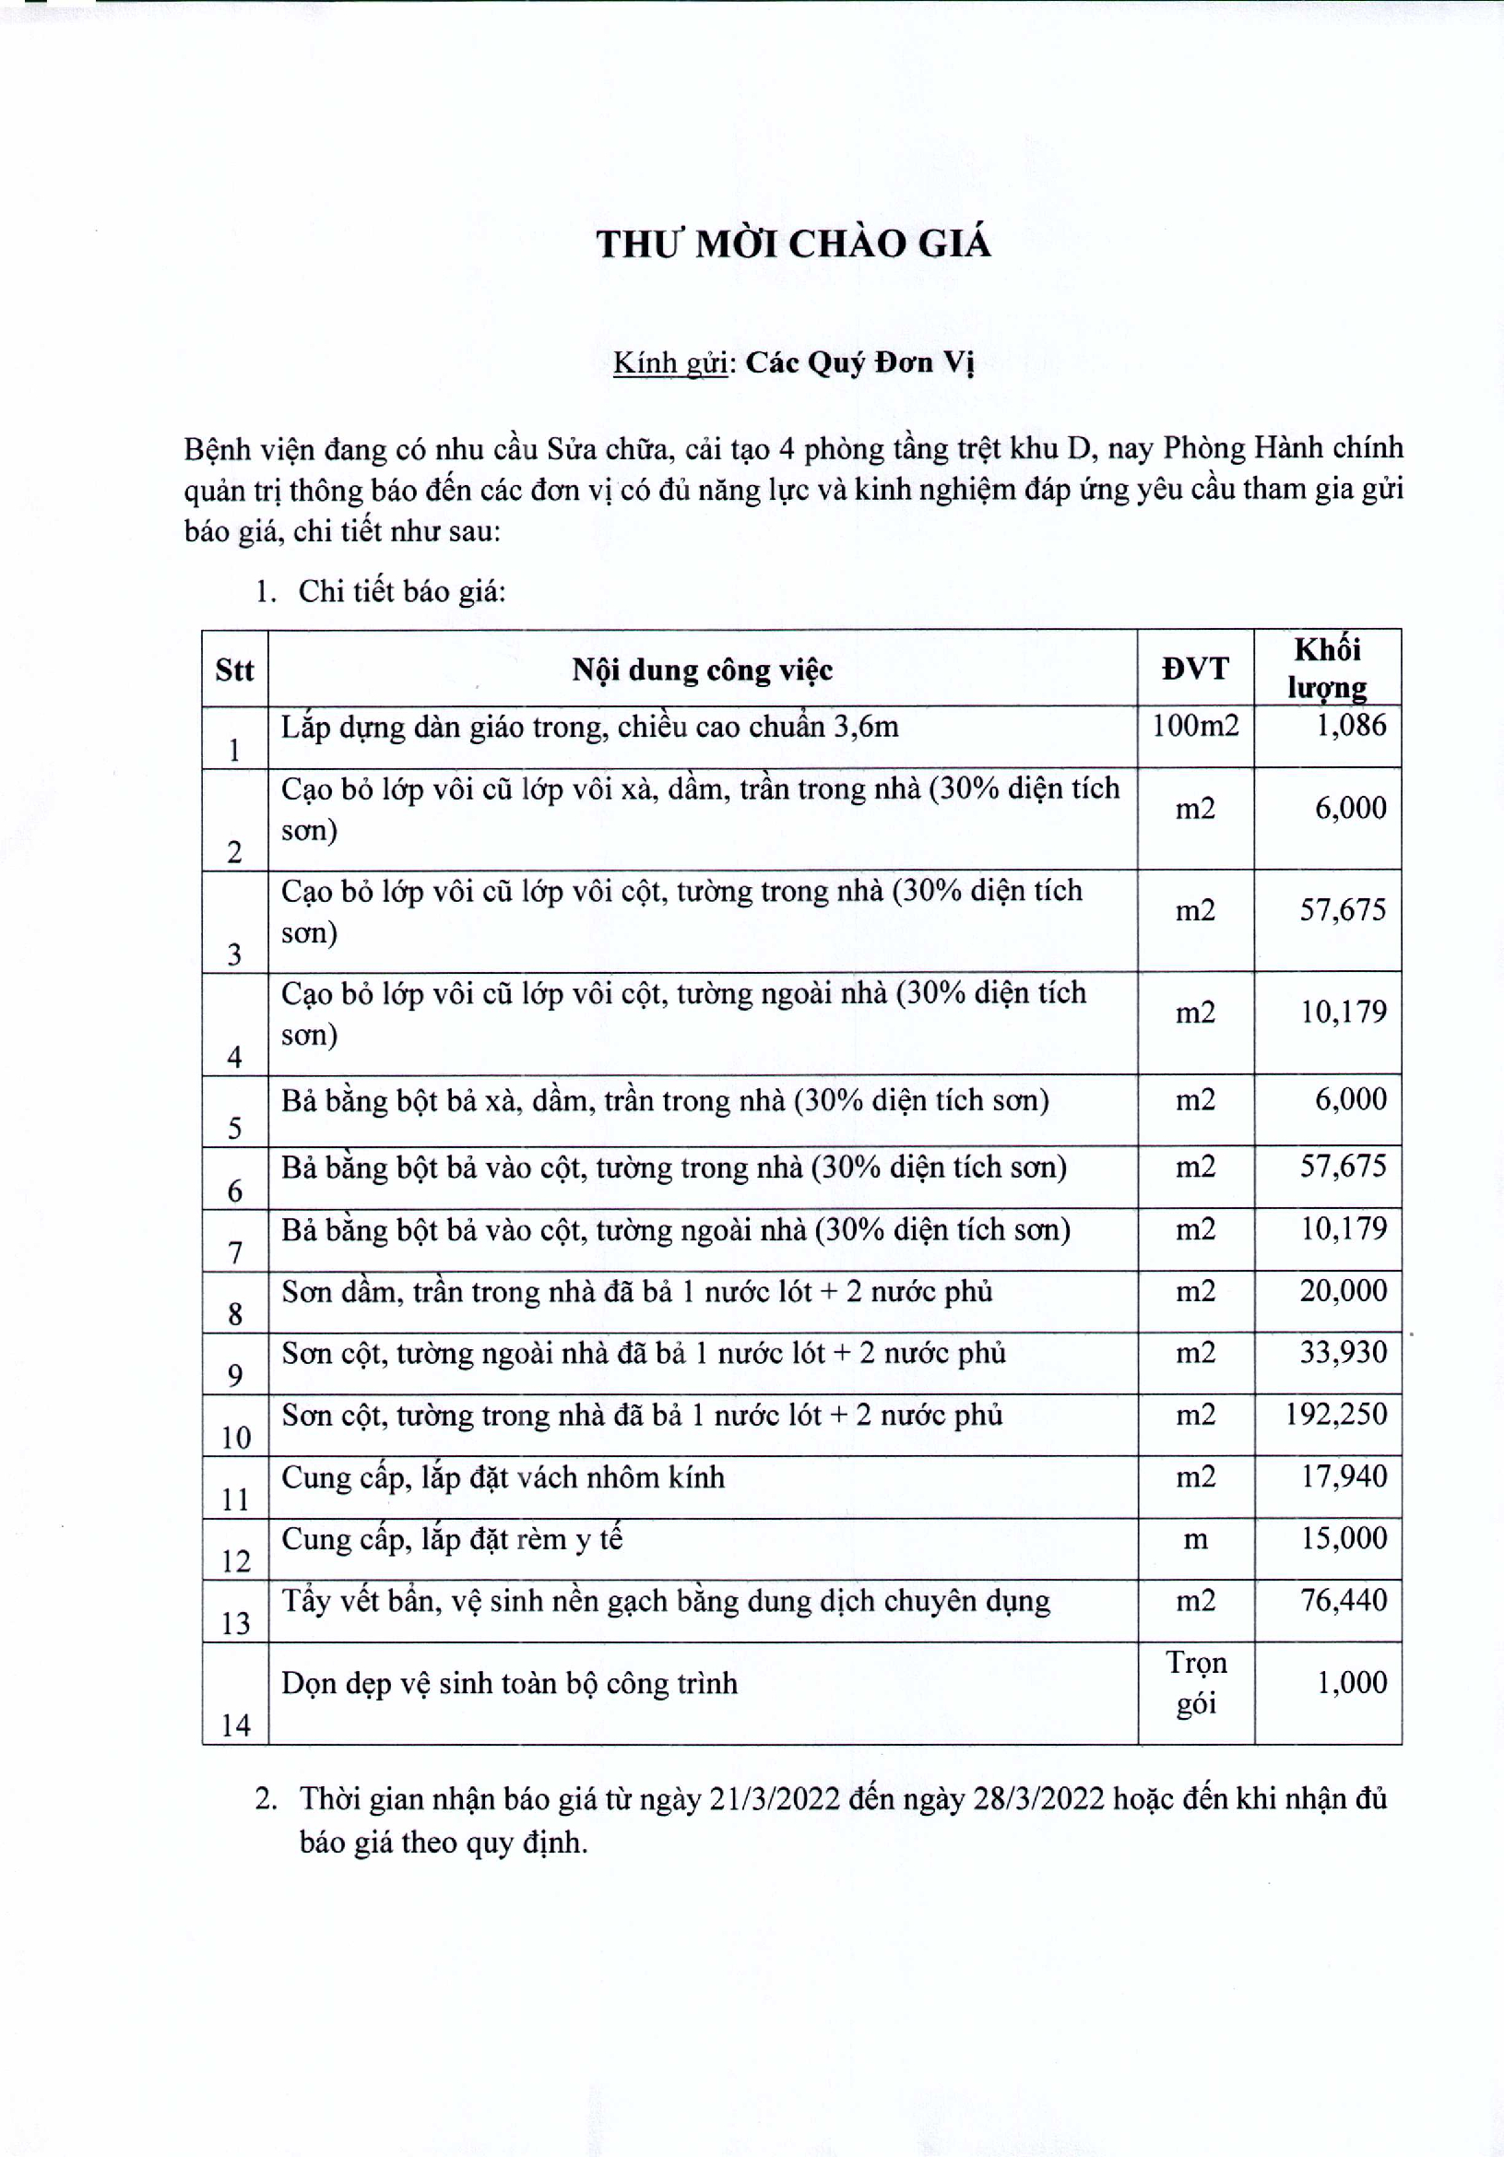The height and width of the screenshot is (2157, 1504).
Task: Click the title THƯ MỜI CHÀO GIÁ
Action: (793, 244)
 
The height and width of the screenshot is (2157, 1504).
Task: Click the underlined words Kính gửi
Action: (670, 362)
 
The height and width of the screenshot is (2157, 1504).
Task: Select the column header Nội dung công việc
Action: (702, 670)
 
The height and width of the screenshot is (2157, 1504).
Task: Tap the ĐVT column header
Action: (1195, 669)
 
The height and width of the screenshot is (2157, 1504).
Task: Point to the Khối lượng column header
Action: (1326, 668)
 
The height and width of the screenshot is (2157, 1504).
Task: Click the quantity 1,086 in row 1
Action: (1351, 725)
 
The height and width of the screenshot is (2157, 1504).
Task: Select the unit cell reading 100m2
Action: (1195, 725)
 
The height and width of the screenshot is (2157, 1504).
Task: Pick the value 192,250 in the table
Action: (1336, 1415)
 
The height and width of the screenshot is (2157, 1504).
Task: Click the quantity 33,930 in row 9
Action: (1344, 1353)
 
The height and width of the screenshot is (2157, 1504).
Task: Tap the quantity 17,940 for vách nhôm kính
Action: (1344, 1476)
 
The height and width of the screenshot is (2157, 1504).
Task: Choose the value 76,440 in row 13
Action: (1344, 1601)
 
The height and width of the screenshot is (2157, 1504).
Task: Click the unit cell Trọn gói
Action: (1196, 1683)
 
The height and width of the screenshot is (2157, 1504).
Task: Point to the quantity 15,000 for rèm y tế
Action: (1344, 1539)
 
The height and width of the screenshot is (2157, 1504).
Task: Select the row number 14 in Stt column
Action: (235, 1724)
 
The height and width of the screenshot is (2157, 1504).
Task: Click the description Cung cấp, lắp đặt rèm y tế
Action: (452, 1540)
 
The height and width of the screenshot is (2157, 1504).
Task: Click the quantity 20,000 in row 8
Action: (1344, 1291)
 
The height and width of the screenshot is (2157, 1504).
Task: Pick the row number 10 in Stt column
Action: (235, 1438)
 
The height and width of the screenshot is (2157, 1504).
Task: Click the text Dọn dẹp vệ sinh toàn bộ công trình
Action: (509, 1684)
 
